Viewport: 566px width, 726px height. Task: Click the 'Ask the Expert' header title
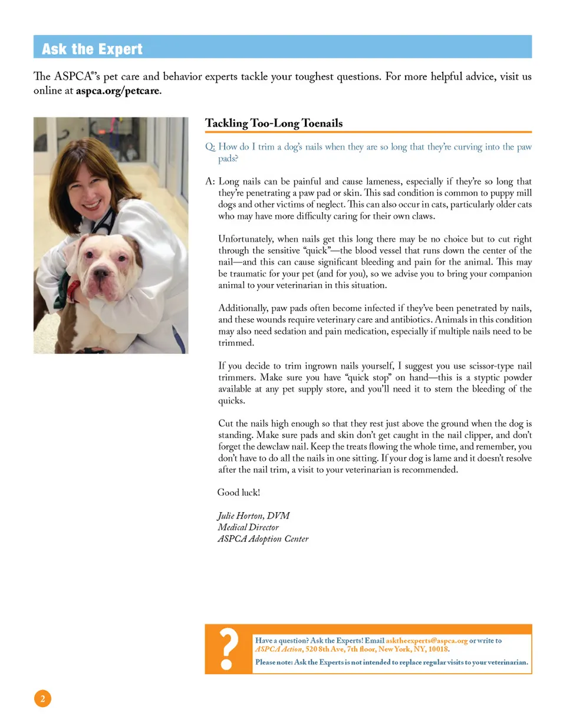click(x=92, y=49)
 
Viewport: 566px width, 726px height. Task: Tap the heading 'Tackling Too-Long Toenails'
click(x=274, y=123)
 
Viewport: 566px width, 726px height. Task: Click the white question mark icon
click(x=229, y=649)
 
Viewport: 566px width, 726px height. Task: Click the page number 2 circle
click(x=42, y=699)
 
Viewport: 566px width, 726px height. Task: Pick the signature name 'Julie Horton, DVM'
click(x=254, y=516)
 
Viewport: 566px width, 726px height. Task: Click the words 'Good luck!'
click(x=239, y=492)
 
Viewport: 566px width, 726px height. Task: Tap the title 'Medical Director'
click(x=248, y=527)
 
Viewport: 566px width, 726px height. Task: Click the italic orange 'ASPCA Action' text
click(x=278, y=649)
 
